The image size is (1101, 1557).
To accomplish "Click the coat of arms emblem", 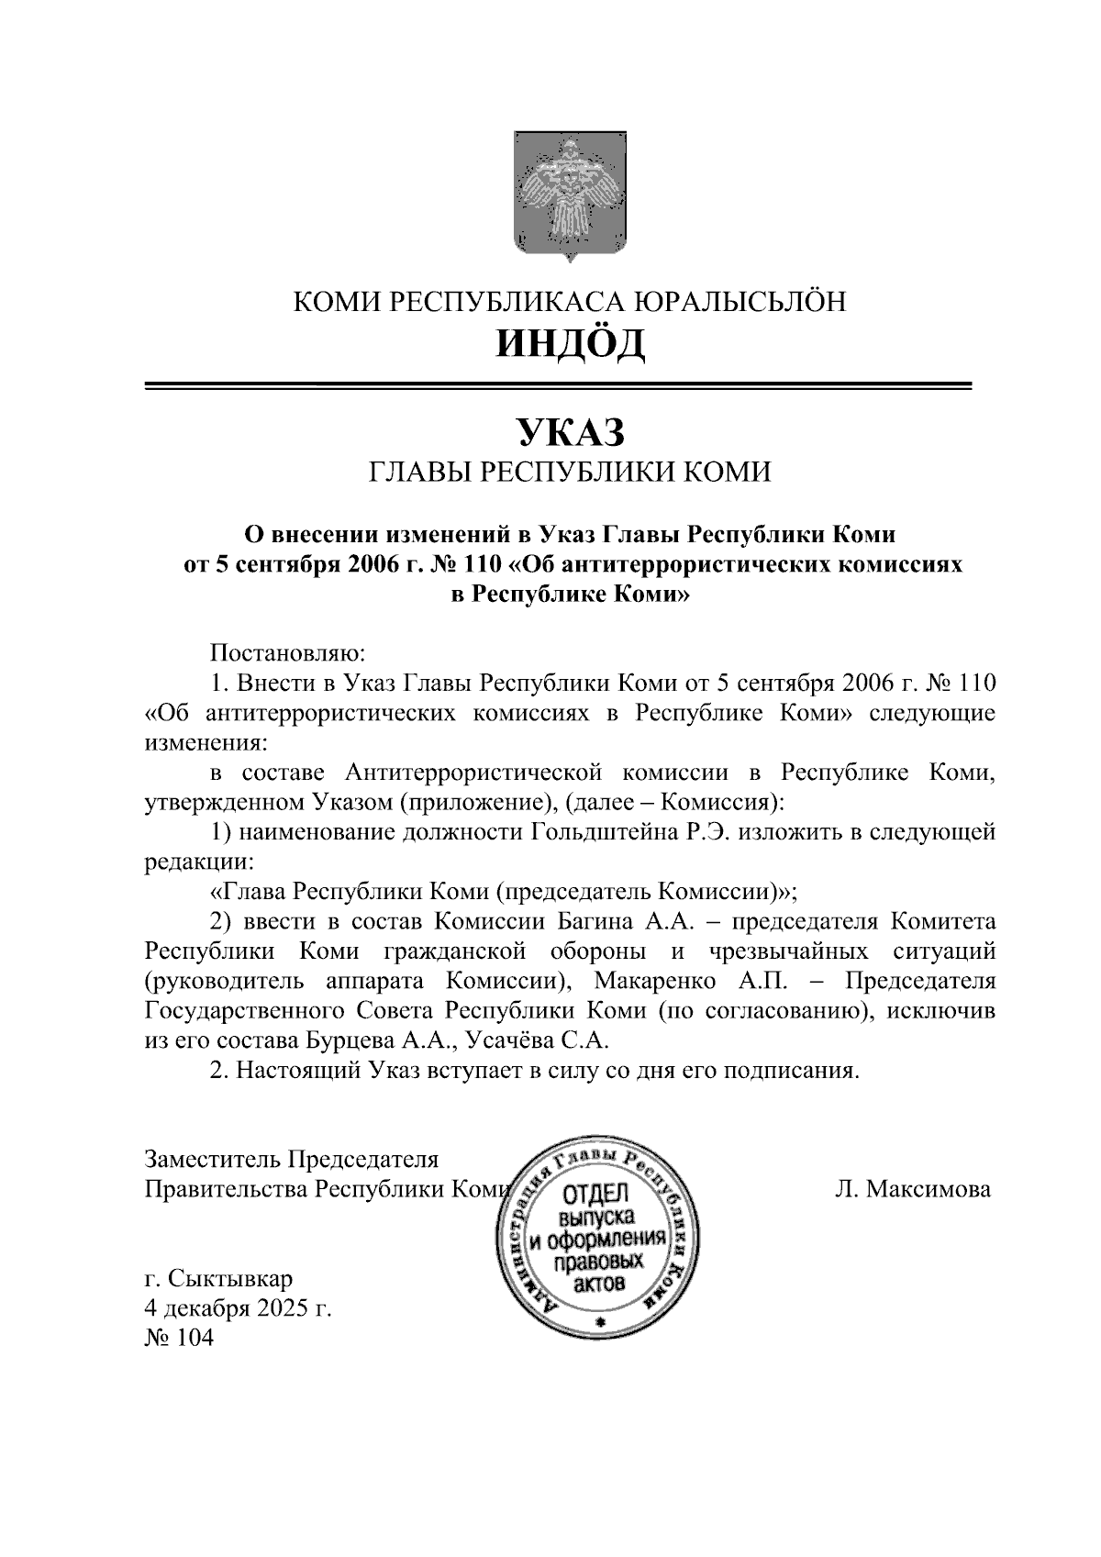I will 569,195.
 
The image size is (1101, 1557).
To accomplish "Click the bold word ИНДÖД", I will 570,343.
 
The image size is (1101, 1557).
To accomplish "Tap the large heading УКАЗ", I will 569,431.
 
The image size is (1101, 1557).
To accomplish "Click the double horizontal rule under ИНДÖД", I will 559,386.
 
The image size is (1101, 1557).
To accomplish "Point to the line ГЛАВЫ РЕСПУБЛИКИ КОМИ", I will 569,472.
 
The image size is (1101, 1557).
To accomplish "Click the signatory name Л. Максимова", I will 912,1190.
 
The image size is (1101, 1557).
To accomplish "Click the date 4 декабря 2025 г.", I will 238,1308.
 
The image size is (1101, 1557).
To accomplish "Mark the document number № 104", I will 179,1338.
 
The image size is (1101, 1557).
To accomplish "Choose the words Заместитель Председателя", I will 292,1160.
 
